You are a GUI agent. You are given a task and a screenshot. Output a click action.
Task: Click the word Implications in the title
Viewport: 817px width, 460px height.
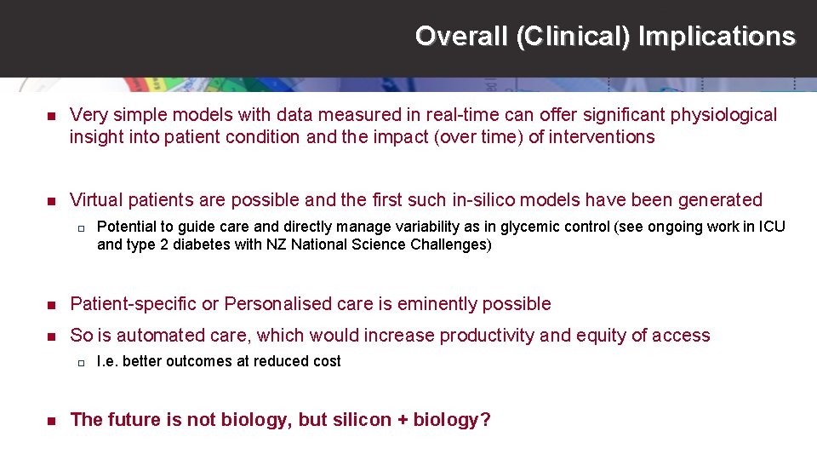tap(717, 37)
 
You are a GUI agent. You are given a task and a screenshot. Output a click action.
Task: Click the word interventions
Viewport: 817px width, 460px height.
tap(603, 137)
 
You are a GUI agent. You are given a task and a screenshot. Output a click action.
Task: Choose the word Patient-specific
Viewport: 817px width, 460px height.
tap(133, 304)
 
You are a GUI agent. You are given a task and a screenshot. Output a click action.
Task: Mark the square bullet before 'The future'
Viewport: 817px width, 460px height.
tap(50, 420)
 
